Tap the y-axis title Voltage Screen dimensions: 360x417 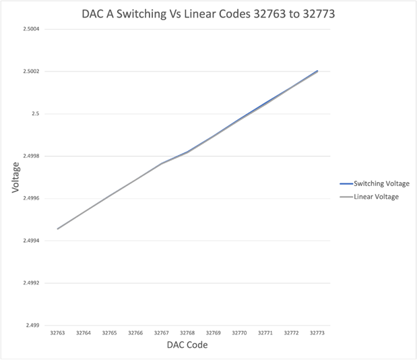tap(15, 177)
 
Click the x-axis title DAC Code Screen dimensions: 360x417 tap(187, 345)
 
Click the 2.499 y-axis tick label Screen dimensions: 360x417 tap(32, 325)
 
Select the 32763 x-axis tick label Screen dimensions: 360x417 tap(57, 333)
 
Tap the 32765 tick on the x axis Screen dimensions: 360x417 tap(109, 333)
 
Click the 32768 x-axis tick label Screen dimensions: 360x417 tap(187, 333)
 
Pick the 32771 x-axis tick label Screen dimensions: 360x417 tap(265, 333)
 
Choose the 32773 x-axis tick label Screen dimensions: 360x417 tap(317, 333)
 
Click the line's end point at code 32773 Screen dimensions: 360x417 tap(317, 71)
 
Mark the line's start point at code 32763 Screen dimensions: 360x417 tap(57, 229)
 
